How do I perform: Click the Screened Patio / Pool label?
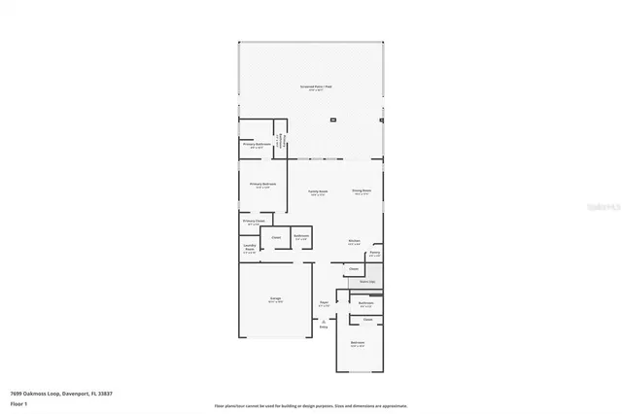[316, 87]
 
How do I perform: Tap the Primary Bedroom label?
[262, 185]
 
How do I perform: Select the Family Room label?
[318, 192]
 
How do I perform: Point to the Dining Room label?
[362, 192]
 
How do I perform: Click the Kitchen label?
[355, 242]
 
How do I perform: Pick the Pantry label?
[375, 254]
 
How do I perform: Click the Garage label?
[276, 299]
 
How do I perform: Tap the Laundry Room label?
[249, 248]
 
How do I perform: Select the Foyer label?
[324, 304]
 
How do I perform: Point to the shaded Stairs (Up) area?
[365, 283]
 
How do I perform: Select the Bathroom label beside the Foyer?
[365, 304]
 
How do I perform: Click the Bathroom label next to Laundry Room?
[301, 236]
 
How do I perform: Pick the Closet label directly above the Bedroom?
[367, 319]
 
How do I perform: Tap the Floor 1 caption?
[17, 402]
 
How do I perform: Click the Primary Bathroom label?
[257, 145]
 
